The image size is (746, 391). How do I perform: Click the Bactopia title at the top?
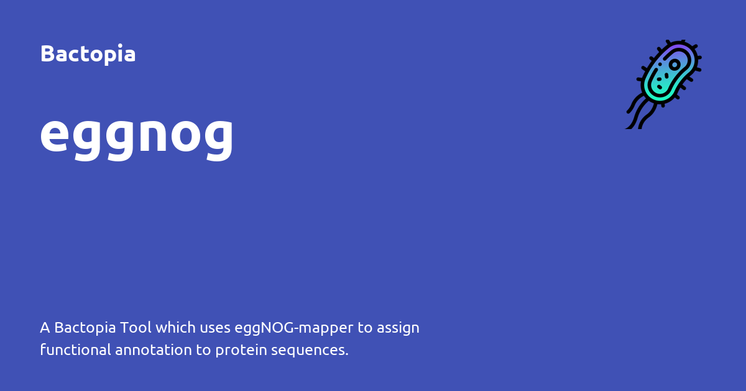pyautogui.click(x=88, y=54)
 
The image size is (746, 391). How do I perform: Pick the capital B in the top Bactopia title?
pyautogui.click(x=47, y=54)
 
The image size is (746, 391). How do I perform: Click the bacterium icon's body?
pyautogui.click(x=665, y=74)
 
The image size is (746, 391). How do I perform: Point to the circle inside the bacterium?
pyautogui.click(x=675, y=65)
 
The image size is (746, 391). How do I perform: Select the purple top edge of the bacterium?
pyautogui.click(x=680, y=47)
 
